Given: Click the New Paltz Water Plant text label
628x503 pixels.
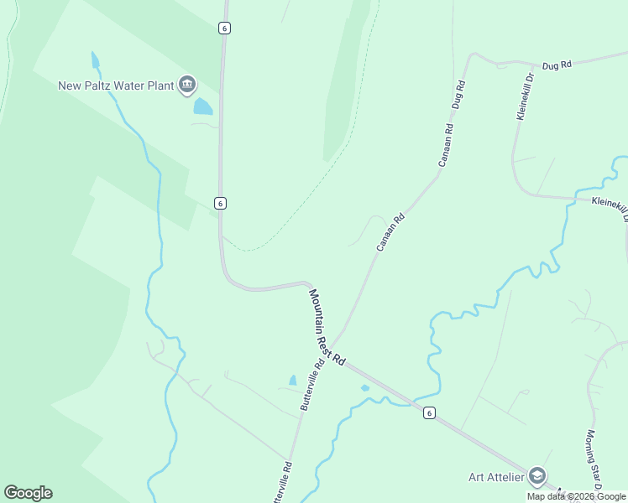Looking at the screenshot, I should point(115,86).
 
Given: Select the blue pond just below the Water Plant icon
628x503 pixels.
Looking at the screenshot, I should point(202,106).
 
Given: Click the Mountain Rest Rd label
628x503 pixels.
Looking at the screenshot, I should point(327,327).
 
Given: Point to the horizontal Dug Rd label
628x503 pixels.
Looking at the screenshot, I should point(556,65).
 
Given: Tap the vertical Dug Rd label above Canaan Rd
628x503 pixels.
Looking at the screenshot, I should point(458,96).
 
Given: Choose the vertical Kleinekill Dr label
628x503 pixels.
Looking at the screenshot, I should point(526,99).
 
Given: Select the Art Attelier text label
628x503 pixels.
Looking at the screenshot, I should point(495,477).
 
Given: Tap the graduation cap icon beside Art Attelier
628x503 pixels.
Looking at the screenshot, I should point(537,477).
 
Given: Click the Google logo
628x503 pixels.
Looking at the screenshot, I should point(28,493).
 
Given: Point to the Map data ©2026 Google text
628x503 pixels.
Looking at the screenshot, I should point(576,496).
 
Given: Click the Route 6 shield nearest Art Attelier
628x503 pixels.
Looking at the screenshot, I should point(429,412).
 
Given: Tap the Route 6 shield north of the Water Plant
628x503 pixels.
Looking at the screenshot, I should point(224,28).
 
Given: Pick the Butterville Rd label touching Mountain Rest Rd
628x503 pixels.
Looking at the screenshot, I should point(312,386).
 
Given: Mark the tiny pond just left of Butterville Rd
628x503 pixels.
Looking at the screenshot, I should point(292,381).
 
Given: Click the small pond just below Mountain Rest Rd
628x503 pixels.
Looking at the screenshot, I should point(364,387).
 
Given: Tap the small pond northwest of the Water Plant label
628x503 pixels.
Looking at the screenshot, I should point(95,60).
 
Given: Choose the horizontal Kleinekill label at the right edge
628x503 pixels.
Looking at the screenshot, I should point(610,203).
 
